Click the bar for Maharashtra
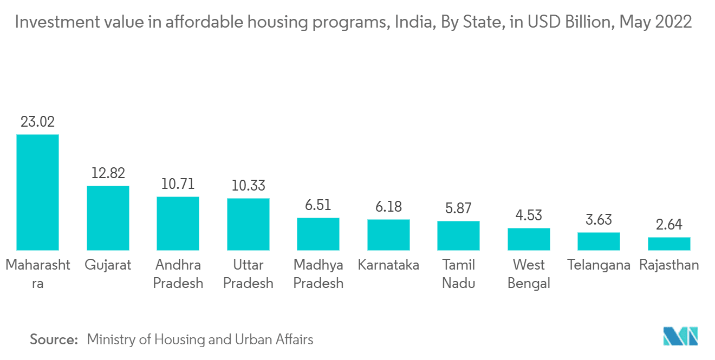click(x=37, y=192)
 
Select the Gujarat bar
click(x=108, y=218)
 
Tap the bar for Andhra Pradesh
click(x=178, y=223)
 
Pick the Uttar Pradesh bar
click(x=248, y=224)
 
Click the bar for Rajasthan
click(x=669, y=244)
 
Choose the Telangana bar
click(x=599, y=241)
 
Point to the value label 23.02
click(x=37, y=122)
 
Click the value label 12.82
click(x=108, y=173)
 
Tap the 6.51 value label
click(x=318, y=205)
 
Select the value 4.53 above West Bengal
click(x=529, y=215)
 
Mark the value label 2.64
click(x=669, y=225)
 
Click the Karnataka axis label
click(x=388, y=265)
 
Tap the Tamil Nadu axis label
click(x=458, y=274)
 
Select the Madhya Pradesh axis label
click(x=318, y=274)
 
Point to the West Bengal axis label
click(x=529, y=274)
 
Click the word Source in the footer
click(x=54, y=340)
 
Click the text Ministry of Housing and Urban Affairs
click(x=200, y=340)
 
